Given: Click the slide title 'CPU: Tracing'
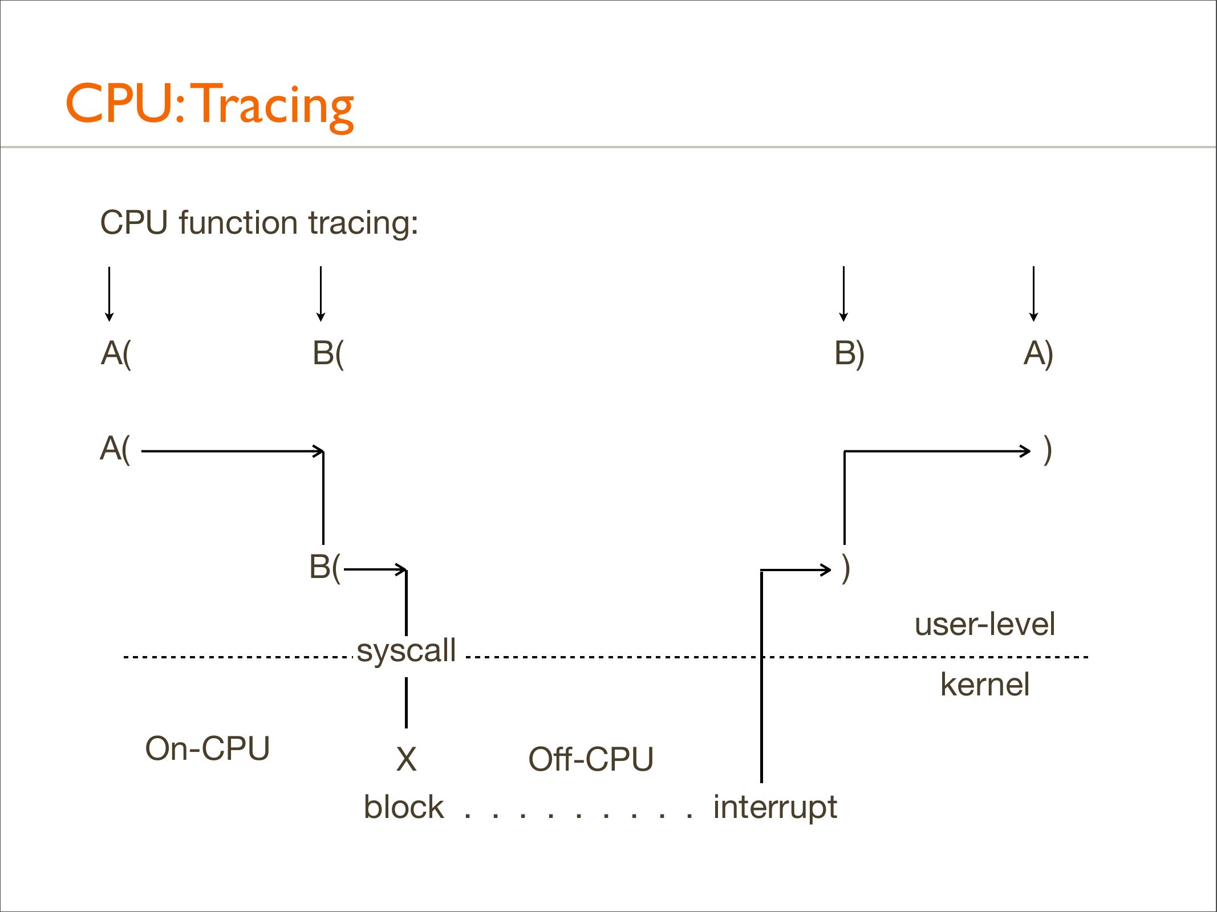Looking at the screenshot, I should [209, 104].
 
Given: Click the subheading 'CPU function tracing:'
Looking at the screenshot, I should [259, 222].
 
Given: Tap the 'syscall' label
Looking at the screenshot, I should [406, 650].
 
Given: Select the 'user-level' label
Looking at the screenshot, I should [984, 624].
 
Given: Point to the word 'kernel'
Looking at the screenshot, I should [984, 685].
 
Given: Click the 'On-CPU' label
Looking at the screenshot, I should [207, 748].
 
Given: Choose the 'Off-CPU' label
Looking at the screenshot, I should [591, 759].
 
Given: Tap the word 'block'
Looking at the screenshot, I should [403, 807].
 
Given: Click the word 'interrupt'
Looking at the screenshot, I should [775, 807].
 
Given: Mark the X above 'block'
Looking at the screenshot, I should [406, 759].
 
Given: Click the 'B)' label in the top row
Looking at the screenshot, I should [849, 353].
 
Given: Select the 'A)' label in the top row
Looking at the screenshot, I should [1038, 353].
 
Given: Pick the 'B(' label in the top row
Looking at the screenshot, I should [328, 353].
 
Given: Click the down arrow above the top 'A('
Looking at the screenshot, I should [109, 294].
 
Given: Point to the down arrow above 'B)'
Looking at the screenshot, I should [843, 294].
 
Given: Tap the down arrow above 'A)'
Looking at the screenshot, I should [1033, 294].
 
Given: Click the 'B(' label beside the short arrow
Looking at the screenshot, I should [324, 567].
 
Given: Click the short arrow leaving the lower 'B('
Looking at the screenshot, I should [375, 569].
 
